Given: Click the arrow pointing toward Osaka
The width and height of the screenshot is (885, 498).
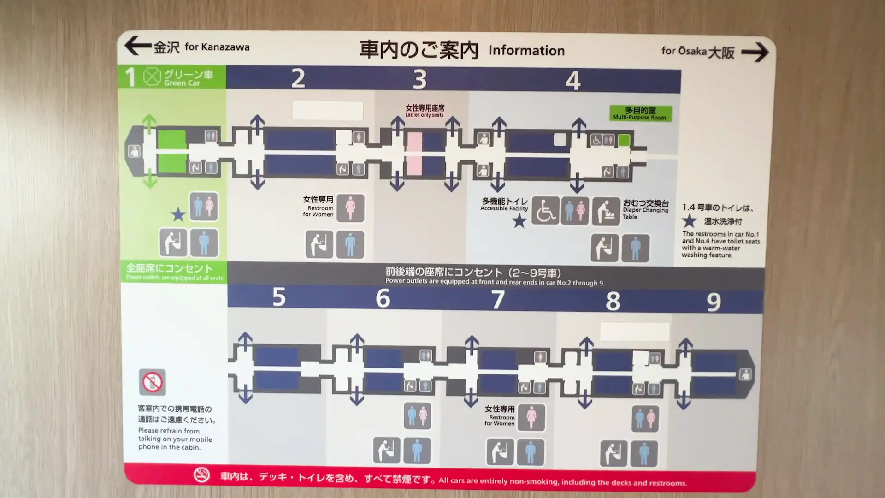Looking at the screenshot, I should tap(755, 52).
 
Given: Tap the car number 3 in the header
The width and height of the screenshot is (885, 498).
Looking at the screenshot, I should tap(419, 79).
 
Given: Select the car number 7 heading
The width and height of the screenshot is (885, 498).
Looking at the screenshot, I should tap(497, 300).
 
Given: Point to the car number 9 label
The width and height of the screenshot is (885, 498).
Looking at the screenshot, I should tap(714, 302).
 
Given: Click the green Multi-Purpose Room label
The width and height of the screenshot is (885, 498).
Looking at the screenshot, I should tap(640, 113).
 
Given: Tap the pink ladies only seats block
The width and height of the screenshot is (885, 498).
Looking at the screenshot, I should tap(414, 154).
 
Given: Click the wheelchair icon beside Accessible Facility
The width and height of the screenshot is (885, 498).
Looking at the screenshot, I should tap(545, 211).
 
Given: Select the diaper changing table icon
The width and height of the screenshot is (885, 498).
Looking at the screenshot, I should tap(606, 212).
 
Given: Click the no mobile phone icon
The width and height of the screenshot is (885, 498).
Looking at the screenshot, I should tap(152, 382).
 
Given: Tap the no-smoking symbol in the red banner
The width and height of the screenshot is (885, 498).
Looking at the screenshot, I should tap(201, 475).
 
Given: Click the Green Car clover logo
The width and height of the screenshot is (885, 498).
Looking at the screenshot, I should tap(152, 77).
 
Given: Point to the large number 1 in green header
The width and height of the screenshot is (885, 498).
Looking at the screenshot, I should tap(130, 77).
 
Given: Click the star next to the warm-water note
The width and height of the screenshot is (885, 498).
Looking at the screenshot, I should tap(689, 221).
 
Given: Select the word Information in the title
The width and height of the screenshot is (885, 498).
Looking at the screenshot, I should tap(526, 51).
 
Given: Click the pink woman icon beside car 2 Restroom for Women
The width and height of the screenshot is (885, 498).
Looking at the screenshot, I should tap(350, 208).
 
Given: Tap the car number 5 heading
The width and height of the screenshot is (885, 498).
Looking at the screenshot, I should tap(279, 297).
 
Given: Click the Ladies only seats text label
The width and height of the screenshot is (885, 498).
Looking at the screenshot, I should tap(425, 111).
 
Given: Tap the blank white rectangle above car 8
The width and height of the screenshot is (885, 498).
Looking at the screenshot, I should tap(634, 332).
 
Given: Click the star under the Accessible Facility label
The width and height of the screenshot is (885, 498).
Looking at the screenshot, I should tap(519, 221).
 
